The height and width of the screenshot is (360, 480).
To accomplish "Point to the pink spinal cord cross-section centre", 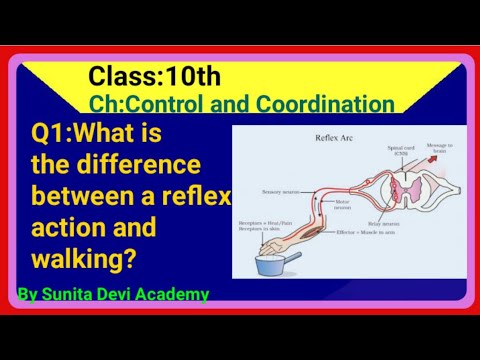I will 409,185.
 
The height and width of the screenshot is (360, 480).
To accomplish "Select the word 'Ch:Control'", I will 145,104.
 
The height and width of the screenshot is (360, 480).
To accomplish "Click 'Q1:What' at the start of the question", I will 76,133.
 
